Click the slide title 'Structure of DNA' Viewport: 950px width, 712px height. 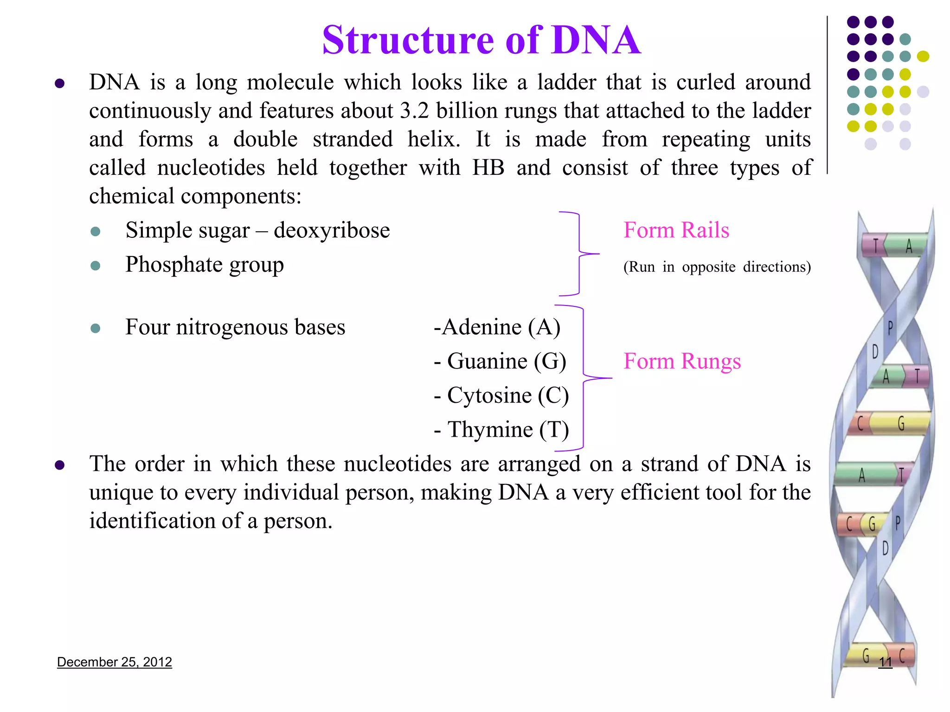481,40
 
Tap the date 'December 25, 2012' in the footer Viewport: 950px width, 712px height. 114,662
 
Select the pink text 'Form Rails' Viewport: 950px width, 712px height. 676,230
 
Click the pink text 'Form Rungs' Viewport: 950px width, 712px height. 681,362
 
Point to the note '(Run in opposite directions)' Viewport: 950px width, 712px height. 717,267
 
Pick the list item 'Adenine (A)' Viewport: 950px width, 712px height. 497,327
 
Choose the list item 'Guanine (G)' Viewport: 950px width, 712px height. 501,362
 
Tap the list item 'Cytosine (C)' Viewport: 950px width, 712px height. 501,396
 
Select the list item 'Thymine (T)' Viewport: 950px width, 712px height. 501,430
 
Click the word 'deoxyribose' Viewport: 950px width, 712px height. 332,230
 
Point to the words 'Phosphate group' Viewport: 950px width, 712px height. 205,265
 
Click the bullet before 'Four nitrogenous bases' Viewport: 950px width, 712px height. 96,329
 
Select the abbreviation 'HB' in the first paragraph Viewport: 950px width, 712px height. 488,168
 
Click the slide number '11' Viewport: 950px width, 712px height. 885,662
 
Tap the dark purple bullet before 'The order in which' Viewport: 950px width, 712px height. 59,465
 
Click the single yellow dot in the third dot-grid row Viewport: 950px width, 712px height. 923,57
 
